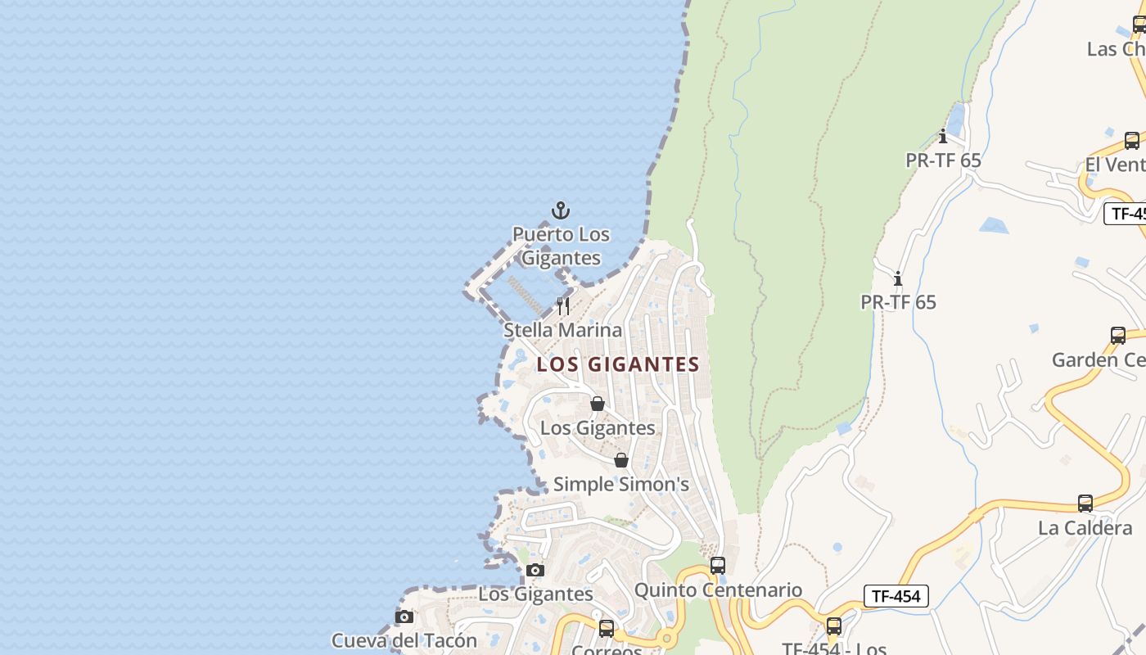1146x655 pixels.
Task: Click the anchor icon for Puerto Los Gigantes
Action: click(x=561, y=211)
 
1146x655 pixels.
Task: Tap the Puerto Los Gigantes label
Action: click(x=562, y=246)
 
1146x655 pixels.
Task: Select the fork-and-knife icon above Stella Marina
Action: click(x=563, y=306)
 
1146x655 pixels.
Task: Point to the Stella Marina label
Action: click(x=563, y=330)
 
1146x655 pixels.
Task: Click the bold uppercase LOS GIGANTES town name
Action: click(x=618, y=364)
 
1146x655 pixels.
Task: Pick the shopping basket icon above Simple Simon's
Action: click(x=621, y=460)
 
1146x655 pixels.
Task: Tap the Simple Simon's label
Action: click(x=621, y=484)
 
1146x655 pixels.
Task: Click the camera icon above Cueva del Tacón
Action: click(x=404, y=617)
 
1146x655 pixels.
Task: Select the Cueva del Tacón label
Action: click(x=404, y=640)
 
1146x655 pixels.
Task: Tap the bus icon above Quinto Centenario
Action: click(x=718, y=566)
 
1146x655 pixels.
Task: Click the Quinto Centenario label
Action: click(x=718, y=589)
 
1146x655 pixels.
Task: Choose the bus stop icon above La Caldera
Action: click(x=1085, y=504)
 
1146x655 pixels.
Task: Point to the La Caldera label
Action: click(x=1085, y=528)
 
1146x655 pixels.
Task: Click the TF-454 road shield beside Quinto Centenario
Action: click(x=896, y=596)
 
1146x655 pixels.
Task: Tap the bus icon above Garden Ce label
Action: click(x=1118, y=335)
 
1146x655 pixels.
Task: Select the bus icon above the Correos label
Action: click(x=607, y=629)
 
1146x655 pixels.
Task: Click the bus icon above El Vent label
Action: click(x=1132, y=141)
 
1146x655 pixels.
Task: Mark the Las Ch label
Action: click(x=1116, y=49)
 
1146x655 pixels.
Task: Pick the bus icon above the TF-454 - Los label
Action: click(x=834, y=626)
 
